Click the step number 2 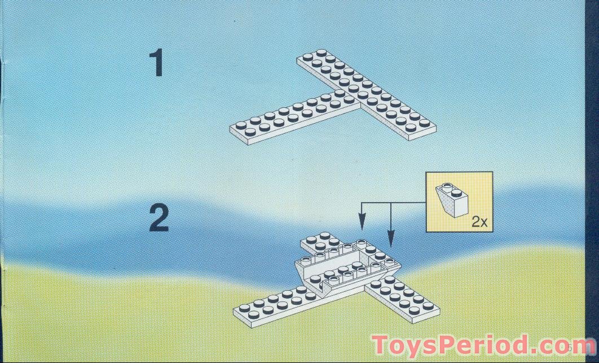tap(158, 218)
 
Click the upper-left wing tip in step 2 tap(314, 240)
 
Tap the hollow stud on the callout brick tap(447, 186)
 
